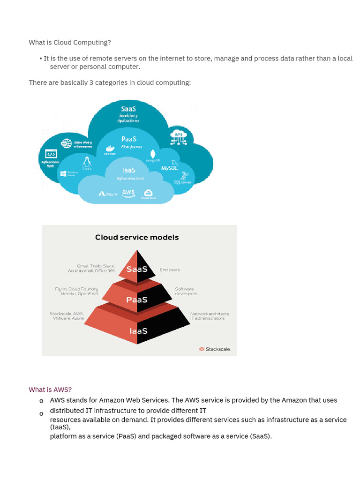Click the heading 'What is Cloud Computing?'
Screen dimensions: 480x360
coord(70,43)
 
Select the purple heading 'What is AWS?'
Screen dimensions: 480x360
coord(50,390)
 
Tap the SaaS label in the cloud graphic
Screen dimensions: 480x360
coord(128,109)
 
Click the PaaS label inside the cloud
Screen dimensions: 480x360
coord(128,139)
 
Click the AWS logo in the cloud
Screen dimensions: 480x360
coord(128,193)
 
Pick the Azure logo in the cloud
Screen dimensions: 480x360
coord(108,194)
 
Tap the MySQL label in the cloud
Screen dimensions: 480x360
coord(169,168)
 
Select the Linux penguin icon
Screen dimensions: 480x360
coord(87,162)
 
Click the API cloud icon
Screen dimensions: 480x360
coord(179,136)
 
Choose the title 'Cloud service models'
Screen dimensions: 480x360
coord(137,237)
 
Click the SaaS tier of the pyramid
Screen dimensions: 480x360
coord(137,269)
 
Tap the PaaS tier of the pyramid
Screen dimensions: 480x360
coord(137,300)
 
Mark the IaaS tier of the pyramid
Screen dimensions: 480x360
coord(138,331)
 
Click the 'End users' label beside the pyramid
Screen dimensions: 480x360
coord(170,270)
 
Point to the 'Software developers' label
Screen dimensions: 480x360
coord(186,292)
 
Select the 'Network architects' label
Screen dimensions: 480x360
coord(209,314)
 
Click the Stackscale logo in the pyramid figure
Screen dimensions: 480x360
coord(215,349)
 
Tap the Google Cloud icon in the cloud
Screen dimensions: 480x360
coord(148,194)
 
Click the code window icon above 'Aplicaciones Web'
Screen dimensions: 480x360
coord(51,154)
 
